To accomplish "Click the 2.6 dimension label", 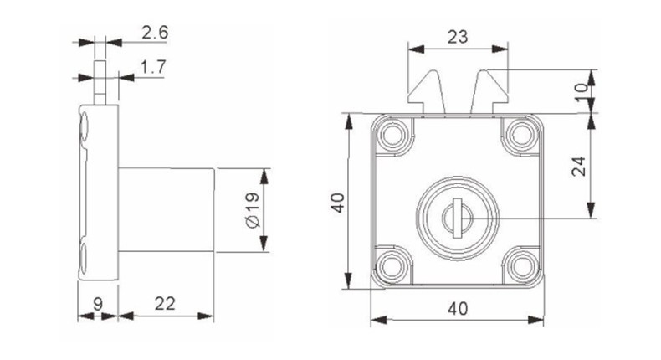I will (155, 33).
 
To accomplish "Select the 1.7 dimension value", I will (151, 66).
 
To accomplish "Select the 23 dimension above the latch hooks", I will (457, 37).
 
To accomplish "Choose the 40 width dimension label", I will (457, 307).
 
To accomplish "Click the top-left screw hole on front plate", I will (392, 133).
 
